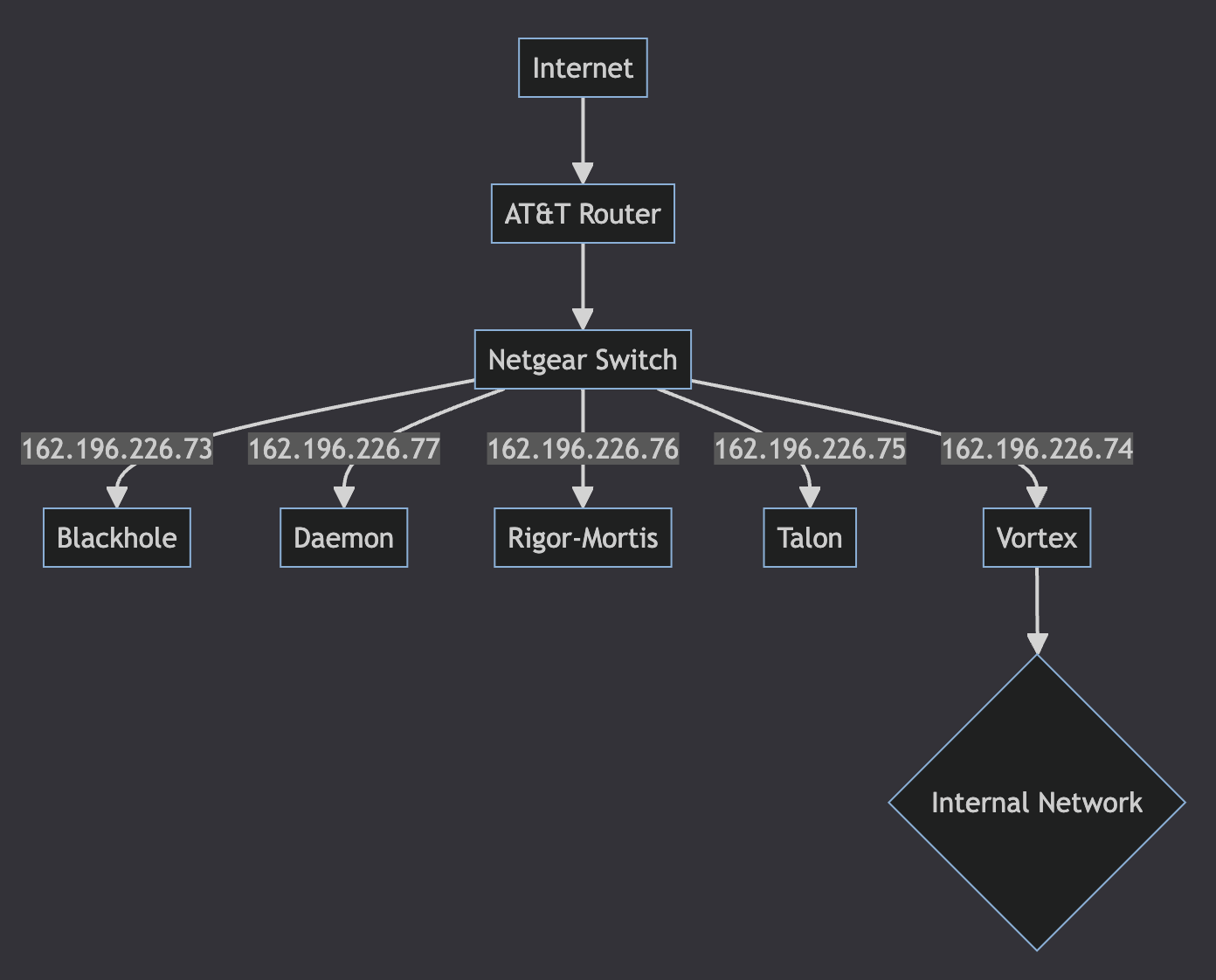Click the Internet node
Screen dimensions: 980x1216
tap(583, 68)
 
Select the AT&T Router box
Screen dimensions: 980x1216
tap(583, 214)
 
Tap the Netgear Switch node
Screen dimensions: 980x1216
tap(583, 360)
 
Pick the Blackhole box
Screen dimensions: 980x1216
tap(117, 538)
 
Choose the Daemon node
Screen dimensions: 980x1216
tap(343, 538)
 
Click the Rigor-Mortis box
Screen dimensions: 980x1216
tap(583, 538)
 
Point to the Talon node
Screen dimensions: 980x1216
tap(810, 538)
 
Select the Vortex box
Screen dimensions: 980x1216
tap(1037, 538)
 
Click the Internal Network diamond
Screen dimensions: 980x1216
tap(1037, 803)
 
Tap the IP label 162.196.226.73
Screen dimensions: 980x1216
tap(117, 449)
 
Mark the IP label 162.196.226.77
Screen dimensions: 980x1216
tap(344, 449)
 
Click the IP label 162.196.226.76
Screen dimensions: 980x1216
tap(583, 449)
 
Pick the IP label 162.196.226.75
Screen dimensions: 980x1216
tap(810, 449)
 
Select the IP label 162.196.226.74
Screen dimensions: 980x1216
tap(1037, 449)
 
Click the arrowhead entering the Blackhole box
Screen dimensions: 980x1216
tap(117, 497)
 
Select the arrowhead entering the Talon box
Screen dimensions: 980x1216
tap(810, 497)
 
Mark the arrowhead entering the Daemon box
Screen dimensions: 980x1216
tap(344, 497)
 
